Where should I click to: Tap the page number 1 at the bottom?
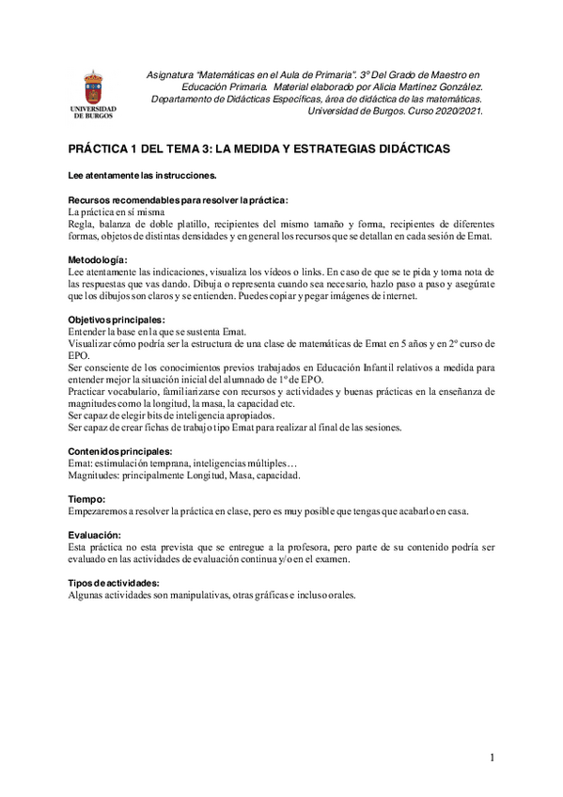[492, 758]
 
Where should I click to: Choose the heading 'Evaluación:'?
[95, 534]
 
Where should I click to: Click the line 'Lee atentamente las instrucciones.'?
[143, 176]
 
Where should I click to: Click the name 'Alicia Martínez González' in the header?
[425, 86]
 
